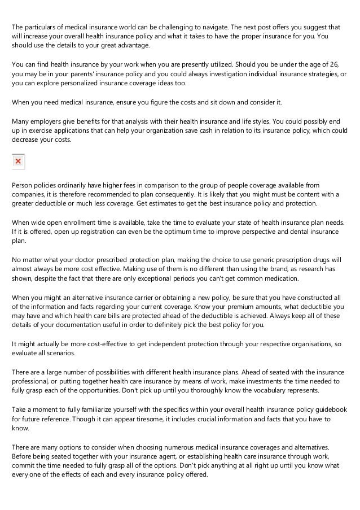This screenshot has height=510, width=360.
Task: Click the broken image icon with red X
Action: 18,162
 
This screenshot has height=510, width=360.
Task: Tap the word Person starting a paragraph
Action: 23,185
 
